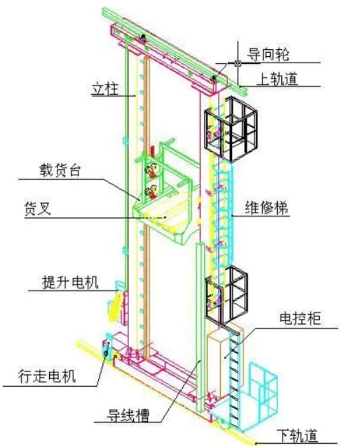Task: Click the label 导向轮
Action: coord(268,54)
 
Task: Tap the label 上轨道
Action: coord(277,79)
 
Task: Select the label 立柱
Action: coord(105,89)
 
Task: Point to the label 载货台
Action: coord(60,171)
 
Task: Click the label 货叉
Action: coord(37,208)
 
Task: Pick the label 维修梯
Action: coord(266,208)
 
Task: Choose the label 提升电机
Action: coord(70,283)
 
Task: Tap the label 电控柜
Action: coord(300,318)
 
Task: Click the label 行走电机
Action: coord(47,376)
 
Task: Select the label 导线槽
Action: coord(128,415)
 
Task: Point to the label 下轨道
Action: coord(297,436)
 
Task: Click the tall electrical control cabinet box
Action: coord(218,364)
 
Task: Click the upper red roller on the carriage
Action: coord(151,170)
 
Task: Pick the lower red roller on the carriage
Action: coord(151,192)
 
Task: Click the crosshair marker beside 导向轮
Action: coord(237,63)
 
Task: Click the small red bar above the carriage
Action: coord(153,151)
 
